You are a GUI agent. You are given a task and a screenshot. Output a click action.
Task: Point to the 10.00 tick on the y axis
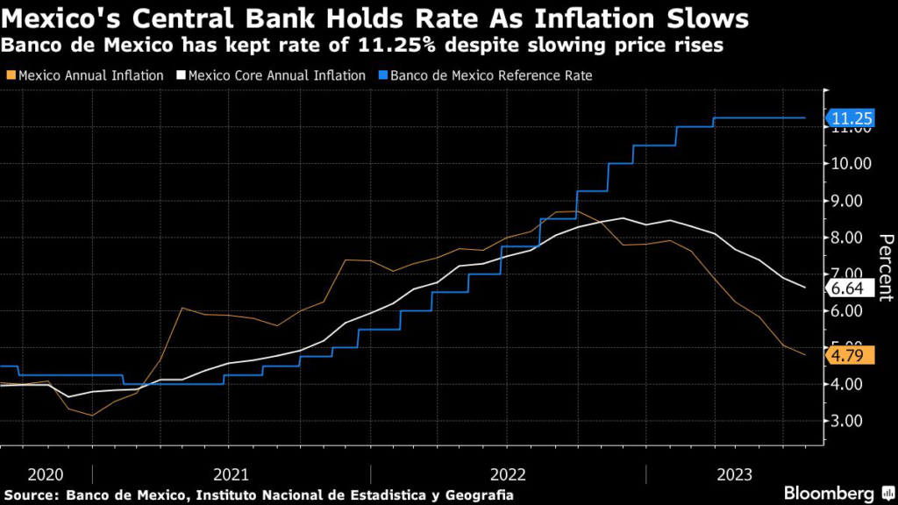click(x=852, y=164)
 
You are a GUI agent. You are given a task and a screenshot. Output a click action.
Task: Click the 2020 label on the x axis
click(x=46, y=474)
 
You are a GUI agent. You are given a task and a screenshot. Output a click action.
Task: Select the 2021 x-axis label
click(x=230, y=474)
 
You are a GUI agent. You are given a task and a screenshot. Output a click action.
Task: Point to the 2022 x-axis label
click(x=508, y=474)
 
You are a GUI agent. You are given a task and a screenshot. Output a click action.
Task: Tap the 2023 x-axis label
click(x=734, y=474)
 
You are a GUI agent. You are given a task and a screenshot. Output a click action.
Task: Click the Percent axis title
click(x=886, y=267)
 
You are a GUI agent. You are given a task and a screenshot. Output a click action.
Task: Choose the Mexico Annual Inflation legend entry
click(x=85, y=75)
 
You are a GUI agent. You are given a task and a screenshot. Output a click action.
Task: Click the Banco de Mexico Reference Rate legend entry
click(x=484, y=75)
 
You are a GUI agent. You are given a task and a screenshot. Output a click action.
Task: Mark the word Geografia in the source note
click(x=478, y=495)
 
